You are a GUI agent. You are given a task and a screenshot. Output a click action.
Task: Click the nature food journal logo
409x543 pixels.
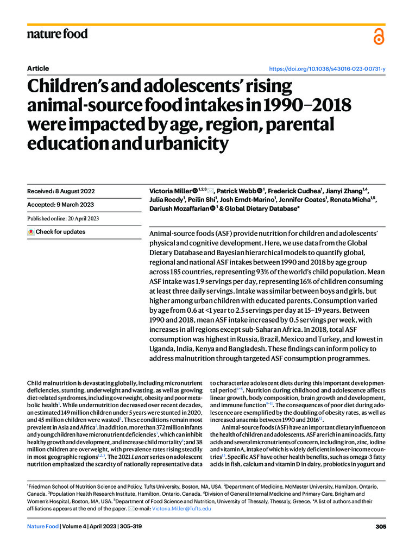57,34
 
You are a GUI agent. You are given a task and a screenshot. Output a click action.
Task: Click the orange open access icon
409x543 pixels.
379,36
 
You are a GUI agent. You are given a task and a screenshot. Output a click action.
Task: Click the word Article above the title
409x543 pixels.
38,68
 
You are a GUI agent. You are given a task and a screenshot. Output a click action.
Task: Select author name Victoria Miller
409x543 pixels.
171,192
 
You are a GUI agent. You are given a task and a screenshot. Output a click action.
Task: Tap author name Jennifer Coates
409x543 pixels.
308,200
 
